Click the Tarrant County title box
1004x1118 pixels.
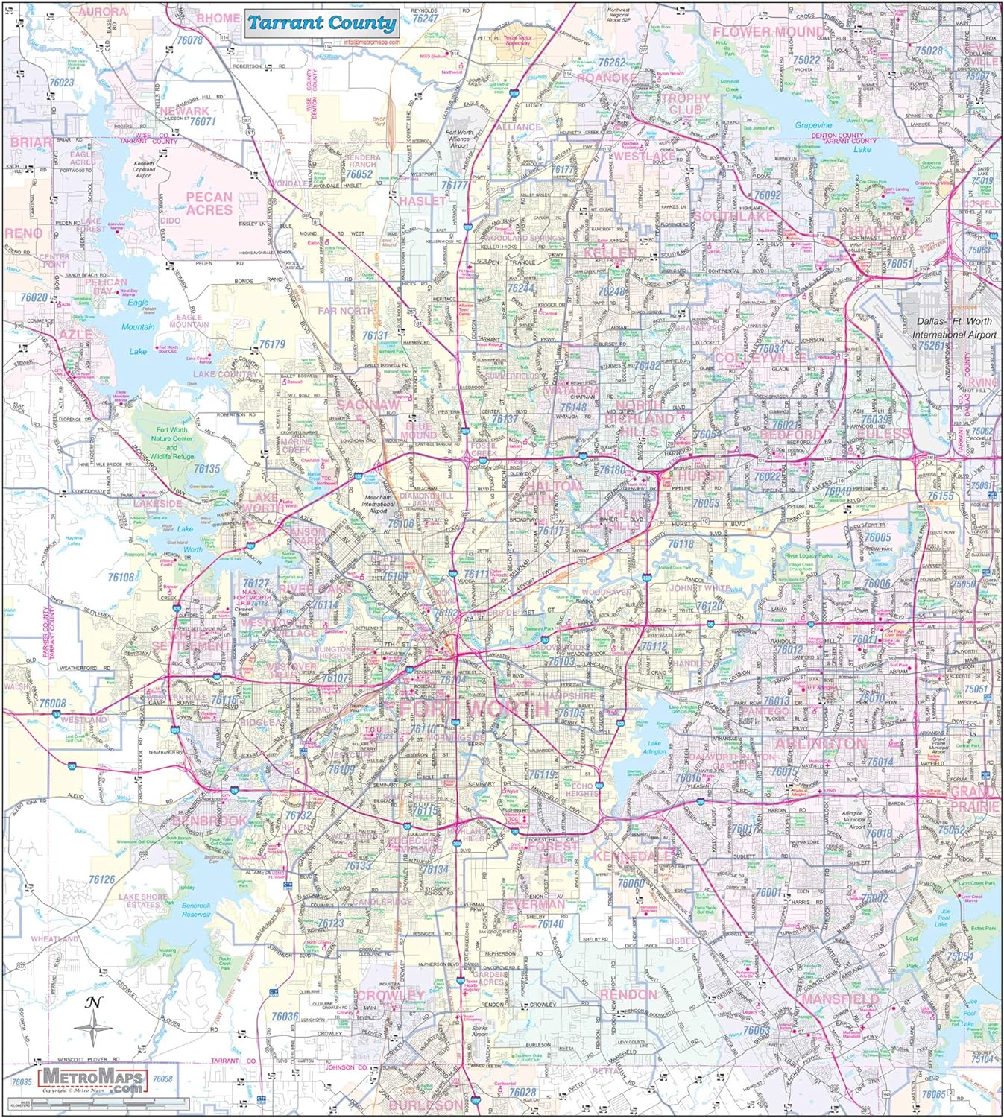tap(321, 23)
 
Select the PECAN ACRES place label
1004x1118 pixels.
tap(209, 203)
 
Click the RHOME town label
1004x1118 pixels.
tap(218, 18)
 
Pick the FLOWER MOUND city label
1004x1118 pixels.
tap(768, 31)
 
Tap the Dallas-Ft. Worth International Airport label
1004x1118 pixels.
tap(954, 328)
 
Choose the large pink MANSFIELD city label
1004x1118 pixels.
tap(840, 999)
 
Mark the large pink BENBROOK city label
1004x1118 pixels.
tap(209, 821)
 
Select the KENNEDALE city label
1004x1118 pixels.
tap(634, 856)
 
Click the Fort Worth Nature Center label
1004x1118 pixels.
tap(172, 438)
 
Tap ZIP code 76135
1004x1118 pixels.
tap(206, 469)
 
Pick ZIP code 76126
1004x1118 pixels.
tap(101, 879)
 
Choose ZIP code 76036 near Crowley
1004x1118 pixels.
tap(285, 1016)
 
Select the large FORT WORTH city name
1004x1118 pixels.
tap(474, 707)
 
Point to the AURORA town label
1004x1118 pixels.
tap(103, 12)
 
